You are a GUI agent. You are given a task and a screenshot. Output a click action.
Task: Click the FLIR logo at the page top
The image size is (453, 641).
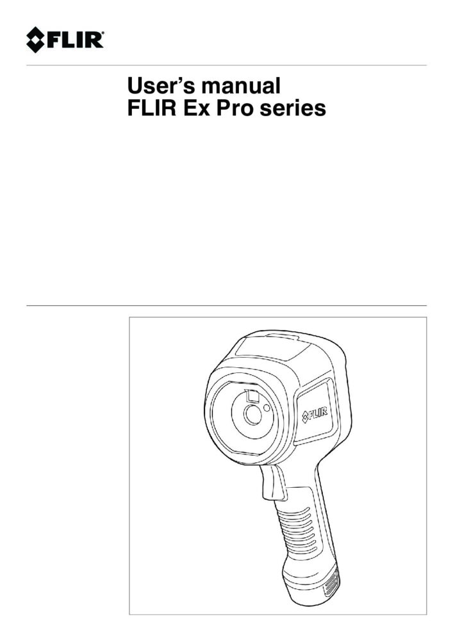click(65, 40)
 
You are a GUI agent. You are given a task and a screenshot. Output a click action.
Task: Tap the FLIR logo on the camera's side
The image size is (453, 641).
click(315, 416)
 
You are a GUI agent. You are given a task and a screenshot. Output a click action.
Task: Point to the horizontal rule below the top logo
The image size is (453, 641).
click(226, 65)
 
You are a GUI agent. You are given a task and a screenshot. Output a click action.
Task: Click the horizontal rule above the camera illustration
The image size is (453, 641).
click(226, 306)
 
